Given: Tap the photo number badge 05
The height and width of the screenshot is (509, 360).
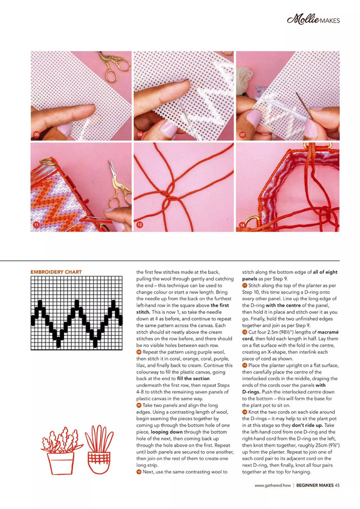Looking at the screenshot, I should click(37, 135).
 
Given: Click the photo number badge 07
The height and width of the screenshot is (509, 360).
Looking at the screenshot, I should click(242, 135).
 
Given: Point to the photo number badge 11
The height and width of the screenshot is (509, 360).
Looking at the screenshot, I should click(37, 225).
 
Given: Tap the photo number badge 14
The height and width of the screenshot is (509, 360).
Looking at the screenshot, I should click(242, 225).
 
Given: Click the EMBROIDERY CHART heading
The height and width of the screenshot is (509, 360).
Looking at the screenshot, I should click(56, 272).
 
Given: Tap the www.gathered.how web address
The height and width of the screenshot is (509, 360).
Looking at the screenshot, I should click(273, 485).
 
